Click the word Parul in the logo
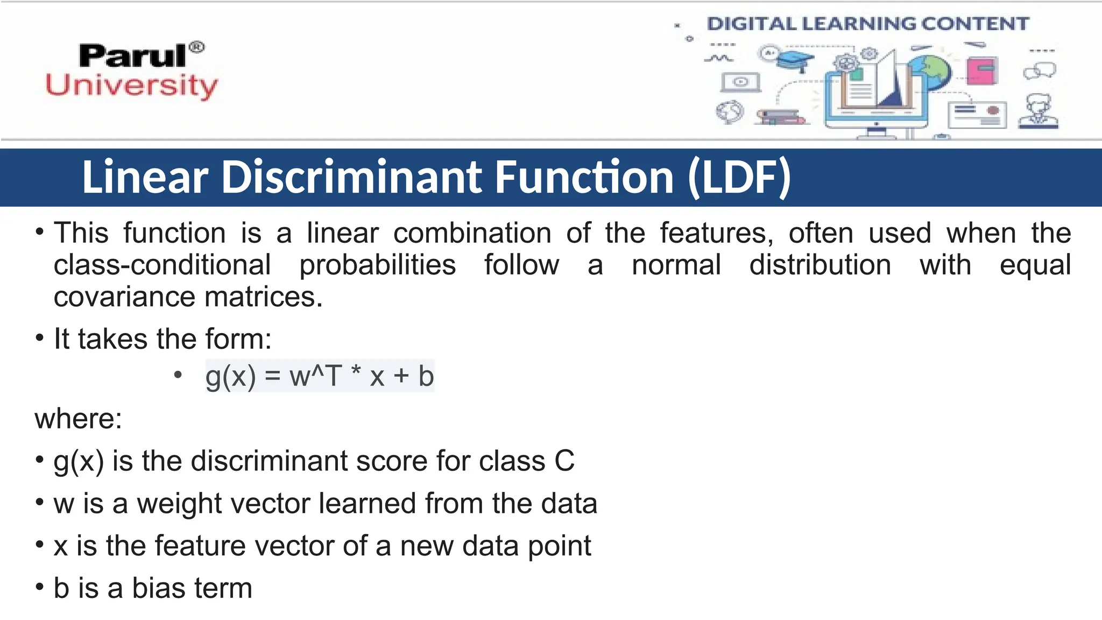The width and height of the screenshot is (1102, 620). coord(132,56)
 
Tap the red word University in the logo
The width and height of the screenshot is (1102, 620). coord(132,86)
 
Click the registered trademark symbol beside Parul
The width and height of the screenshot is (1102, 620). coord(197,47)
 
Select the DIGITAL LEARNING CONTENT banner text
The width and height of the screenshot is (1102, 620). coord(867,24)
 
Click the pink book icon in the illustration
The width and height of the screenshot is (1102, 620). coord(981,71)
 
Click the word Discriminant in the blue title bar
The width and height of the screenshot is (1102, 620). coord(352,177)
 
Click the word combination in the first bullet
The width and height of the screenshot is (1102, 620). coord(472,234)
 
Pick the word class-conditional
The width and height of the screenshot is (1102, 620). coord(162,265)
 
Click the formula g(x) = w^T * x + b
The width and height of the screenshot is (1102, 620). coord(320,376)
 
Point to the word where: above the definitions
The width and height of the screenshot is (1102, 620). coord(79,418)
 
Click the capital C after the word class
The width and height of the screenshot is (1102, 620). coord(564,461)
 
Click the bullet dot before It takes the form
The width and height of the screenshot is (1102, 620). coord(39,339)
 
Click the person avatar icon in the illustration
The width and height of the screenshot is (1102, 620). coord(1038,111)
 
